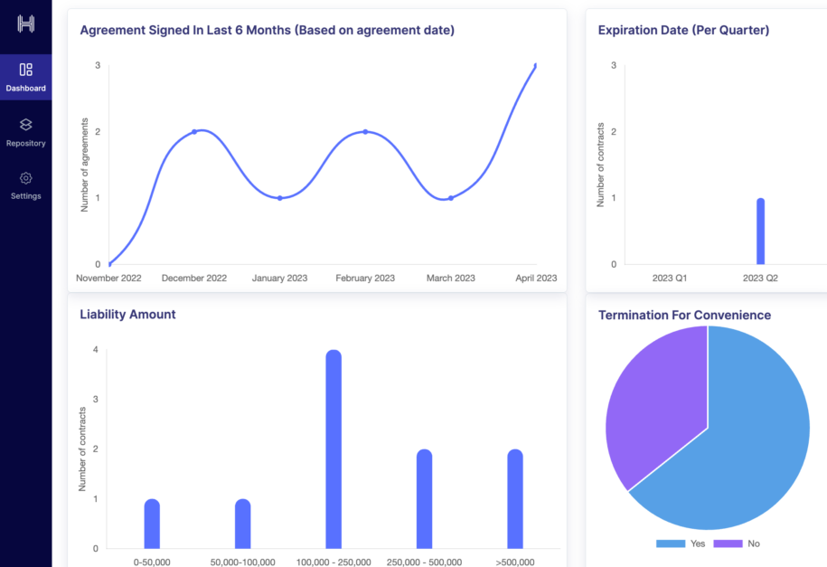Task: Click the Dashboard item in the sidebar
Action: click(x=25, y=77)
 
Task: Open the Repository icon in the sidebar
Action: click(x=25, y=125)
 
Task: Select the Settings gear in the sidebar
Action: click(x=25, y=178)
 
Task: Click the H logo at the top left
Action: click(x=25, y=24)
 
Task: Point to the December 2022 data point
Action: click(x=194, y=132)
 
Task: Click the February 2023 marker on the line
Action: click(x=365, y=132)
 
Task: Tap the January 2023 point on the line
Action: click(x=280, y=198)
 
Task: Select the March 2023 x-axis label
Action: click(x=450, y=279)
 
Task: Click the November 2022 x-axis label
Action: click(x=108, y=279)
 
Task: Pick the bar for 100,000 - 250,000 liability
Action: click(x=334, y=449)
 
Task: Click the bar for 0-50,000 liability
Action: click(x=152, y=524)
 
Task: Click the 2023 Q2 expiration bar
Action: click(x=760, y=232)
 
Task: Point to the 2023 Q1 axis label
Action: click(x=670, y=279)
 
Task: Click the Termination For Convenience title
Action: click(x=684, y=316)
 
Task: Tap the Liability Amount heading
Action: click(x=127, y=315)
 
